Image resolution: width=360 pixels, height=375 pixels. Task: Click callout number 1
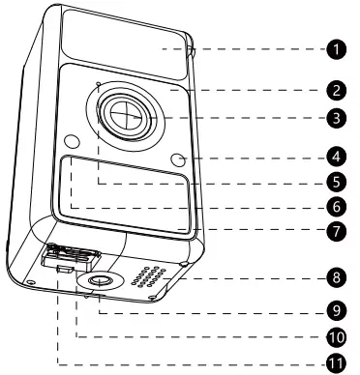tap(334, 47)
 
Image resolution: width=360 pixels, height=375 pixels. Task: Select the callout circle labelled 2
tap(334, 91)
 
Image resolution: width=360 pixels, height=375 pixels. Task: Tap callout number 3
tap(334, 119)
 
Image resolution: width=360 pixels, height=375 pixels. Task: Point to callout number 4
tap(334, 154)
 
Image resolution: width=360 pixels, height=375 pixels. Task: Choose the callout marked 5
tap(334, 181)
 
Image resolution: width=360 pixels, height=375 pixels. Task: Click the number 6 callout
tap(334, 206)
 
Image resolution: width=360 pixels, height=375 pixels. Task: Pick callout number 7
tap(334, 231)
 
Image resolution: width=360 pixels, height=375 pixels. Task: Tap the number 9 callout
tap(334, 313)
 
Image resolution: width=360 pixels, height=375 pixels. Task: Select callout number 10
tap(334, 338)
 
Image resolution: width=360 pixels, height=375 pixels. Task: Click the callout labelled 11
tap(334, 363)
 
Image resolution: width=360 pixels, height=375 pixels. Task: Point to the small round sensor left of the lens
tap(71, 142)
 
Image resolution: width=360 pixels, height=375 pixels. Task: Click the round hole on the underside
tap(101, 280)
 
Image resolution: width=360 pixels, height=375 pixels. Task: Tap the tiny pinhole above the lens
tap(98, 84)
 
